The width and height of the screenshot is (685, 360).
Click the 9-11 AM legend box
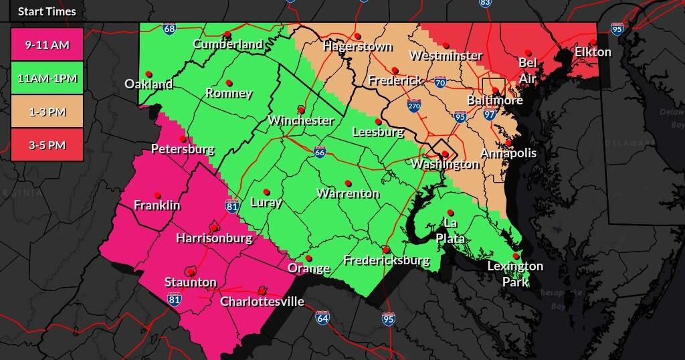click(47, 46)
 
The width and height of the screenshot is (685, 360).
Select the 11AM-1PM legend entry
click(47, 78)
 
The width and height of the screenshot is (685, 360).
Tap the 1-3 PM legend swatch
click(47, 112)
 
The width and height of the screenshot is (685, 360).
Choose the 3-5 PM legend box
click(47, 145)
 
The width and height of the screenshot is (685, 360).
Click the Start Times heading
click(47, 11)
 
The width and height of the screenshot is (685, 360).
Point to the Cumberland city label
click(228, 44)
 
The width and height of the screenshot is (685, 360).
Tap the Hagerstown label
click(357, 46)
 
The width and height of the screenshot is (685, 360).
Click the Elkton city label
click(593, 52)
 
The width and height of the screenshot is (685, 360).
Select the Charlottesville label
click(262, 301)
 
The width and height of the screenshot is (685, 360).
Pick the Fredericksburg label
click(386, 260)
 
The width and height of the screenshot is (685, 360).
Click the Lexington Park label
click(515, 273)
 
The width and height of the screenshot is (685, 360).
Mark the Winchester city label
click(300, 120)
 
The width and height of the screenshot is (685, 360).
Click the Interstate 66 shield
click(320, 153)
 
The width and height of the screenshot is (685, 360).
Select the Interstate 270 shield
click(414, 106)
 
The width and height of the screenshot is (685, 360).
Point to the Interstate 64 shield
click(322, 317)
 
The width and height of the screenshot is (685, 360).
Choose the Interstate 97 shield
click(490, 115)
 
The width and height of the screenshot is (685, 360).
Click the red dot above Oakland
click(149, 74)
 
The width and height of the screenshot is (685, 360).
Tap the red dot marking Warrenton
click(348, 183)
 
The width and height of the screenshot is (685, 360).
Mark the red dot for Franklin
click(157, 195)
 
